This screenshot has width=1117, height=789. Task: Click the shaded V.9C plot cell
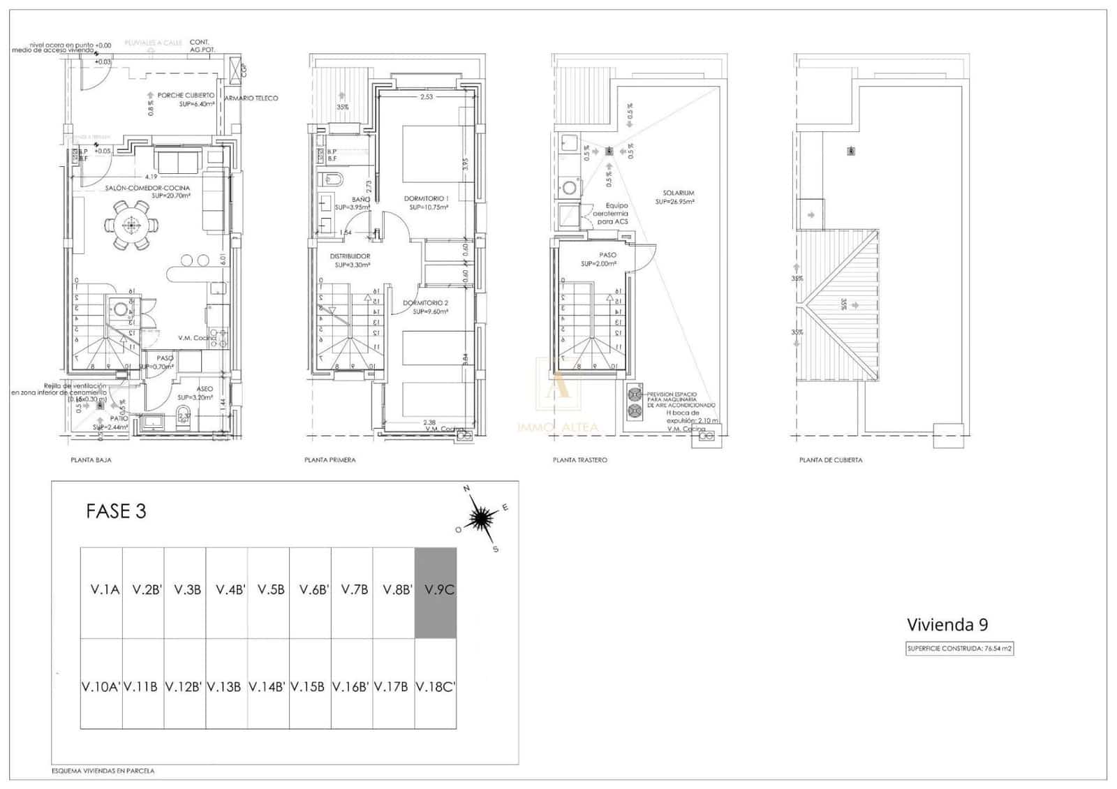click(436, 593)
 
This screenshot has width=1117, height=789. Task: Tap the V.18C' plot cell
click(436, 684)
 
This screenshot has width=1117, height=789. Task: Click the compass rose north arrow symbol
click(481, 517)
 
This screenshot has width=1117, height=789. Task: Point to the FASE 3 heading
click(116, 511)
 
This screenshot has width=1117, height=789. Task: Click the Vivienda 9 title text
click(947, 624)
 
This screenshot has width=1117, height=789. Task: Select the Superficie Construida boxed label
click(959, 648)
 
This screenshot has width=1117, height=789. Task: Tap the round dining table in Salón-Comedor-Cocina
click(131, 225)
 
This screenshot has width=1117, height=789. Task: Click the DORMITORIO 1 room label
click(426, 199)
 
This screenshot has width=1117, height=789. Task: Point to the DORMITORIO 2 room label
click(425, 303)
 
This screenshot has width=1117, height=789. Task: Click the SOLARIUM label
click(679, 193)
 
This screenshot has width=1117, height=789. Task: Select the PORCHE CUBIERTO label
click(186, 95)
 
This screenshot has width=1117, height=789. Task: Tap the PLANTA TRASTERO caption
click(579, 460)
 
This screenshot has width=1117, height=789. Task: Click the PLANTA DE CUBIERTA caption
click(830, 460)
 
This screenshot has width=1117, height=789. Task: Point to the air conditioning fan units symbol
click(635, 402)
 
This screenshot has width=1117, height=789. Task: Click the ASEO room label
click(205, 389)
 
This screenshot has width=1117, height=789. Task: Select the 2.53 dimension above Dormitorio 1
click(426, 97)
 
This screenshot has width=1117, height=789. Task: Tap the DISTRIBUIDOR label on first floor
click(349, 256)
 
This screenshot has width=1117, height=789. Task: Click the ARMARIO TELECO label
click(251, 98)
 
